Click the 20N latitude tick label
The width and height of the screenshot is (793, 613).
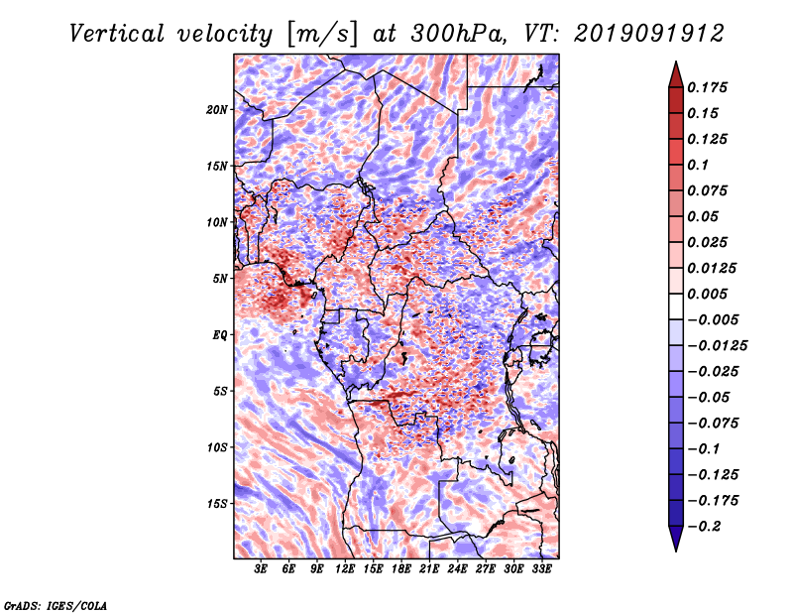217,110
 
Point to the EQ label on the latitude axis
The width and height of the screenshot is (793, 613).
219,335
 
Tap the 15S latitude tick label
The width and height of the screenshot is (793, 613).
217,504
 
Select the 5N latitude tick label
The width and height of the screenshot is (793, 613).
220,279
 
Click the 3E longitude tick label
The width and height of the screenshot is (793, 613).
261,569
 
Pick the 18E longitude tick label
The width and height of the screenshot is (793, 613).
401,569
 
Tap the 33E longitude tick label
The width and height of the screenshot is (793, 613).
541,569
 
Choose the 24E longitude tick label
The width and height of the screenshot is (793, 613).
457,569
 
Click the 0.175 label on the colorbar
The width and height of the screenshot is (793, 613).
707,87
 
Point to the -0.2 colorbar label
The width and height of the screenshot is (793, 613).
704,527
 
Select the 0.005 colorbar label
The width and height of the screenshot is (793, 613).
707,294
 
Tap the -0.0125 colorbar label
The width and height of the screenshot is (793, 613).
717,346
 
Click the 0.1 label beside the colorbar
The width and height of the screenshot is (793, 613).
698,165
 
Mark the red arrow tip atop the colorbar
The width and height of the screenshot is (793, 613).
676,61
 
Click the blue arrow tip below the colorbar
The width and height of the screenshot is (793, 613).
676,551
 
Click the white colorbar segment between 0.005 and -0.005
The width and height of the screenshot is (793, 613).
676,306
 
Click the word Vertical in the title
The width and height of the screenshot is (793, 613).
116,34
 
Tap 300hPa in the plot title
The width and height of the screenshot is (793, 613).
458,34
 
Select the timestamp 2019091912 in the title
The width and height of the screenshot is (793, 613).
649,34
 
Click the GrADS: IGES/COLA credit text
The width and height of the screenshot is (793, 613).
56,605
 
